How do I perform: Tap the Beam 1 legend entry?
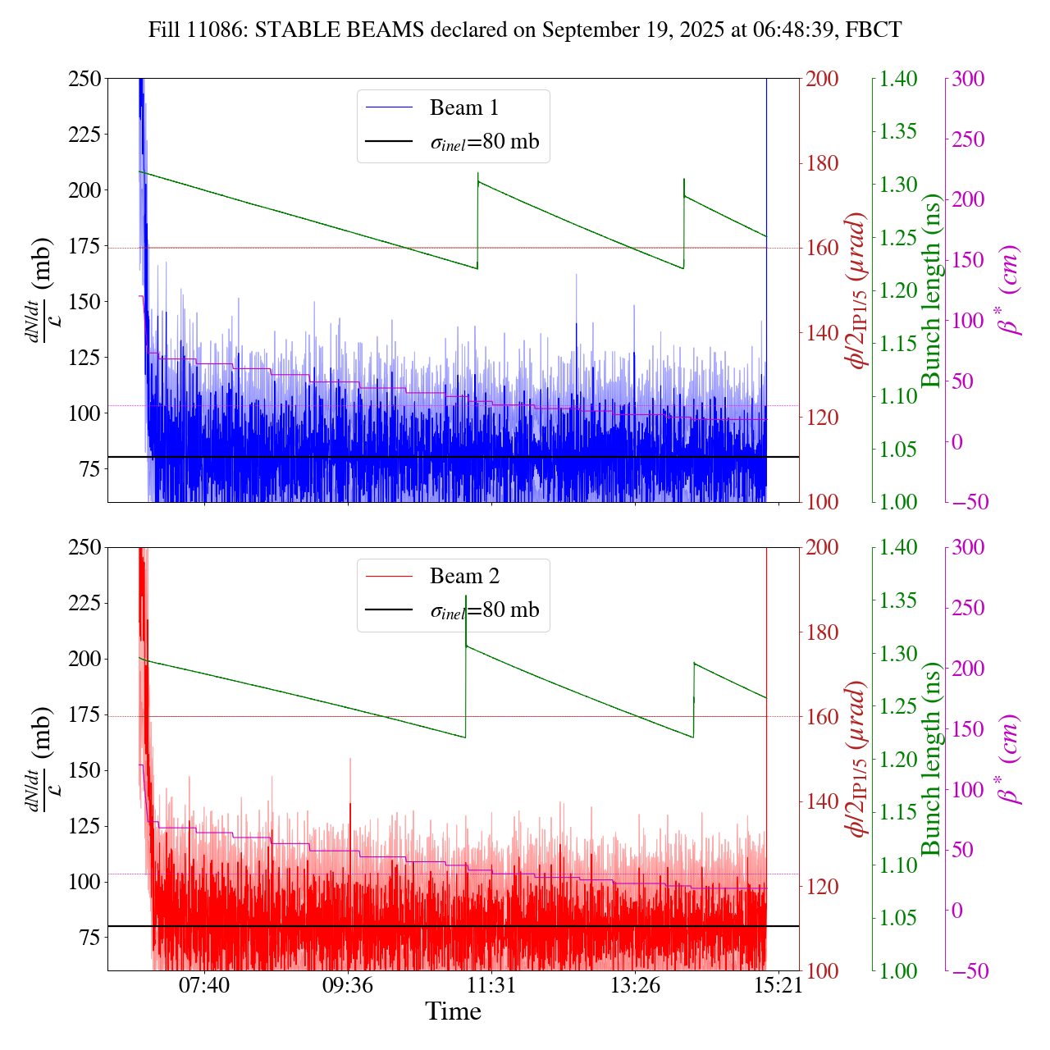tap(463, 107)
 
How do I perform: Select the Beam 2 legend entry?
tap(463, 577)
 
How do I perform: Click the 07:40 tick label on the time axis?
tap(204, 984)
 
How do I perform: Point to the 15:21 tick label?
tap(778, 984)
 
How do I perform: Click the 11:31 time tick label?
tap(491, 984)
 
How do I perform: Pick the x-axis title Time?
tap(453, 1011)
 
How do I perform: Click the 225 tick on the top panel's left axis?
tap(84, 135)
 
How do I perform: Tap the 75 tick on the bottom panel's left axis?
tap(90, 938)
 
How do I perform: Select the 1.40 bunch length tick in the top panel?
tap(899, 79)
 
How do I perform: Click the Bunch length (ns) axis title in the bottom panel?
tap(930, 760)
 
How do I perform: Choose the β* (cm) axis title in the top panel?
tap(1010, 290)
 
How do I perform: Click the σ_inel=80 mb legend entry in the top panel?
tap(484, 142)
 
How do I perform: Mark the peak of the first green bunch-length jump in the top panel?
tap(478, 174)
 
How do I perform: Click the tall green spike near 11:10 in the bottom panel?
tap(466, 597)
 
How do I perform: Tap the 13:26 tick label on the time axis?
tap(635, 984)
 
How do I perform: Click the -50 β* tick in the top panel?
tap(971, 502)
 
